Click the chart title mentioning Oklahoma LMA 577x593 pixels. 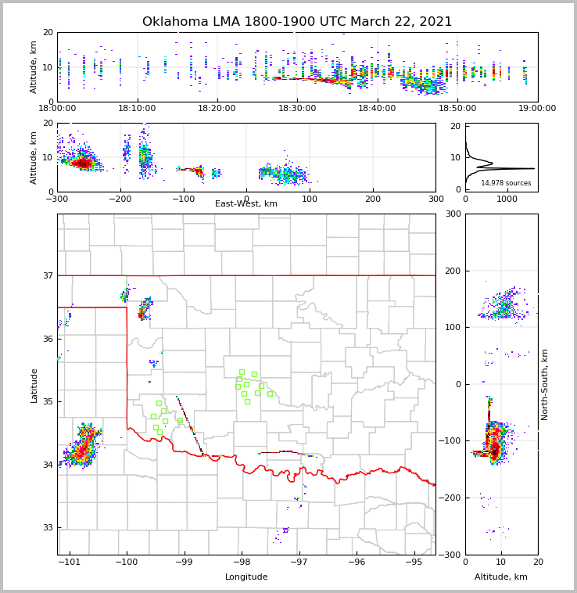[297, 22]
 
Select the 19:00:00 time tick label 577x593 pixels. [537, 109]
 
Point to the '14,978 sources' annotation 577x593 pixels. [506, 183]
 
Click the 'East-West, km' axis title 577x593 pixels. [246, 204]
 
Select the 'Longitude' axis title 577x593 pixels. [246, 577]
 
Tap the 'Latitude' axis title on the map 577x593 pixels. [34, 385]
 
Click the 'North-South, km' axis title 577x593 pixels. [545, 384]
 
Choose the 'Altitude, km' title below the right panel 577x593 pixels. [501, 577]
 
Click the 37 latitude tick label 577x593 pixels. [48, 275]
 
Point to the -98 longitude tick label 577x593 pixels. [242, 562]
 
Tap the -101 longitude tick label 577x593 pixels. [70, 562]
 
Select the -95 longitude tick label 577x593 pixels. [414, 562]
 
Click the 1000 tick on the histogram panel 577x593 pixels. [507, 199]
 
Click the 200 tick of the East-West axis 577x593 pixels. [373, 199]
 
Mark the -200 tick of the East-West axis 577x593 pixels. [120, 199]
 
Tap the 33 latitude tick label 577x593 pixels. [48, 527]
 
